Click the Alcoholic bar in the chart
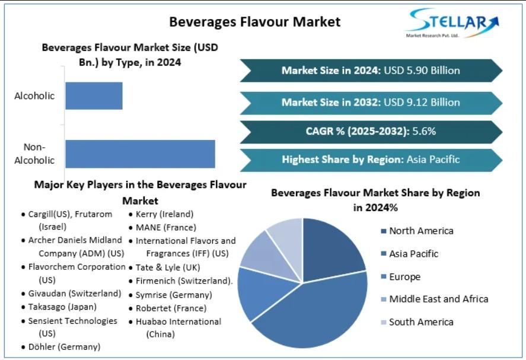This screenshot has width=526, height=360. click(94, 95)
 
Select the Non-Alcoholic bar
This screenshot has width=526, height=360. click(140, 154)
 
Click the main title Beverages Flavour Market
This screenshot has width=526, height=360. click(255, 22)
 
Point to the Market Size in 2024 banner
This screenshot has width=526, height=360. click(371, 71)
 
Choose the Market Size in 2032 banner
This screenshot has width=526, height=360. click(371, 102)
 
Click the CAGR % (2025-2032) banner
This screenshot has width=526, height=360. click(371, 131)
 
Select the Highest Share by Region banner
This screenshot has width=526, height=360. click(371, 159)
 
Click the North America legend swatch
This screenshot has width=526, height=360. click(383, 231)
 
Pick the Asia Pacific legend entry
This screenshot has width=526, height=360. click(413, 254)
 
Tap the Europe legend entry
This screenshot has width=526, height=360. click(404, 277)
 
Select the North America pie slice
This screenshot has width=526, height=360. click(332, 246)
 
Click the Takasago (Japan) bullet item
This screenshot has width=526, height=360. click(62, 307)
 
